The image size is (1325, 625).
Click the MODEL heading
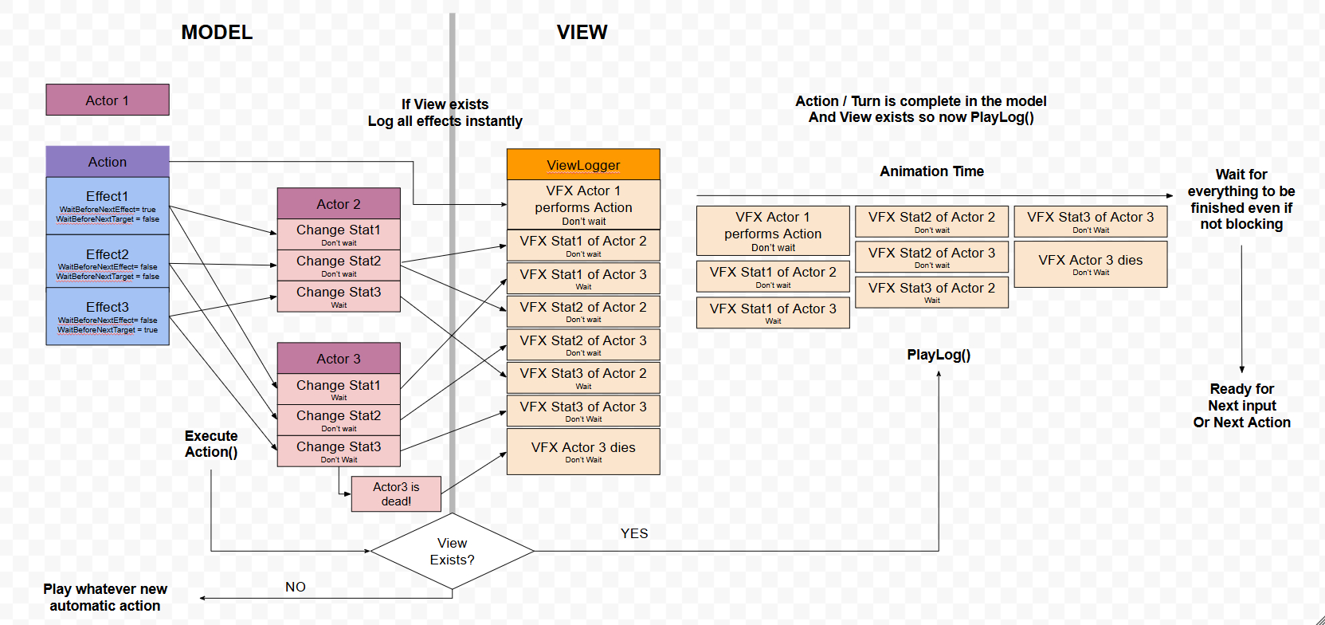pos(217,33)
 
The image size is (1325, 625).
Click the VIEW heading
pos(582,33)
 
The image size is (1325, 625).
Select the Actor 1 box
pos(108,100)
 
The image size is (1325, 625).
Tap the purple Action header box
pos(108,162)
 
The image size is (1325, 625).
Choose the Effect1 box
pos(108,206)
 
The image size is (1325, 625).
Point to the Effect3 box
pos(108,316)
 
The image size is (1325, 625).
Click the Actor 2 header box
pos(339,204)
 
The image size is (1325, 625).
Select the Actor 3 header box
pos(339,359)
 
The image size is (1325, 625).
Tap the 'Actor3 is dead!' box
pos(396,494)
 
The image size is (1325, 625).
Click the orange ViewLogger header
pos(583,165)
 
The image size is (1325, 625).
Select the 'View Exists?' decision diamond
pos(452,552)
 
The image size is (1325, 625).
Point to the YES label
pos(634,533)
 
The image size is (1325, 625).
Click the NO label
pos(296,587)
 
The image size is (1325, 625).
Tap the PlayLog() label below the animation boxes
pos(939,355)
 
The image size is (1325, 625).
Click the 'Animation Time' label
pos(931,171)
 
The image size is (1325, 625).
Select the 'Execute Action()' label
pos(211,444)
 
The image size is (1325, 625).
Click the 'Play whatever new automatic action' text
pos(105,597)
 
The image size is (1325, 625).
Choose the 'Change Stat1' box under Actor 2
pos(339,234)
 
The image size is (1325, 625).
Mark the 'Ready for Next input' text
pos(1241,406)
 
